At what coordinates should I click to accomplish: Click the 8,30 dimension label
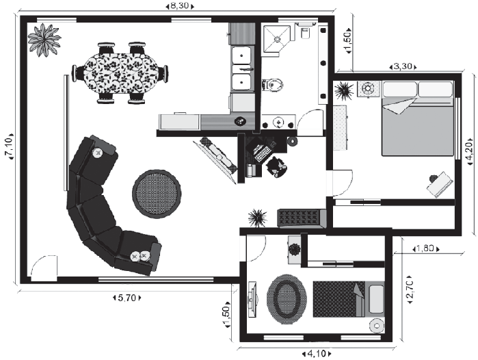(180, 5)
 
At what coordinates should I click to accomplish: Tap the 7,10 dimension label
(9, 146)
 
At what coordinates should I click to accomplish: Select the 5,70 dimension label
(127, 298)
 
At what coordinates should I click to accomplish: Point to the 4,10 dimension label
(317, 354)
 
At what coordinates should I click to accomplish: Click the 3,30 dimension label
(403, 66)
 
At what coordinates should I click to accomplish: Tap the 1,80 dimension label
(426, 249)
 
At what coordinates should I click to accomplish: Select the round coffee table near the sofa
(157, 194)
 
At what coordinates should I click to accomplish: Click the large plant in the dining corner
(44, 40)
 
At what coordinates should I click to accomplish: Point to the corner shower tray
(277, 40)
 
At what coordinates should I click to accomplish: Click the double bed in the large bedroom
(418, 118)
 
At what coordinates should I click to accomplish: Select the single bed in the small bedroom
(349, 299)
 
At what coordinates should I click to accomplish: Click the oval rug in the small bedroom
(287, 299)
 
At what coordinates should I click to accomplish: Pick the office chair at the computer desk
(276, 167)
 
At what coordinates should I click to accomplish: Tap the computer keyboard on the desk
(263, 155)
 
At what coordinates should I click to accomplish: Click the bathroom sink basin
(279, 123)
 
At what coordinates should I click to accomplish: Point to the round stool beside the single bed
(377, 326)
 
